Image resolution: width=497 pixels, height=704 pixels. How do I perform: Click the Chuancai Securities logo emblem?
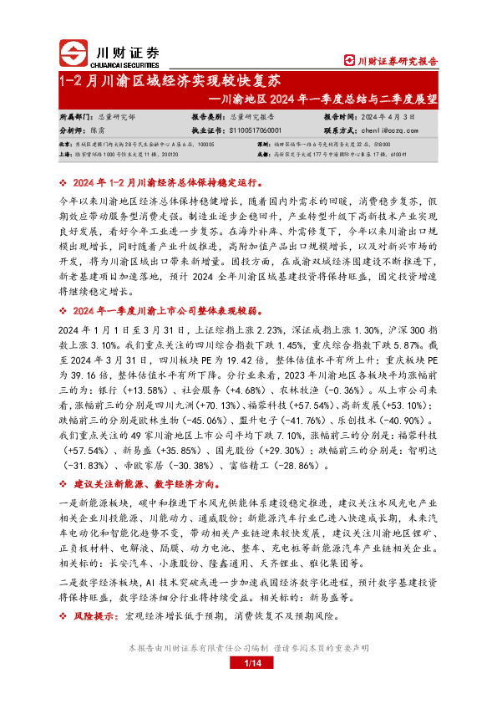coord(74,53)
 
